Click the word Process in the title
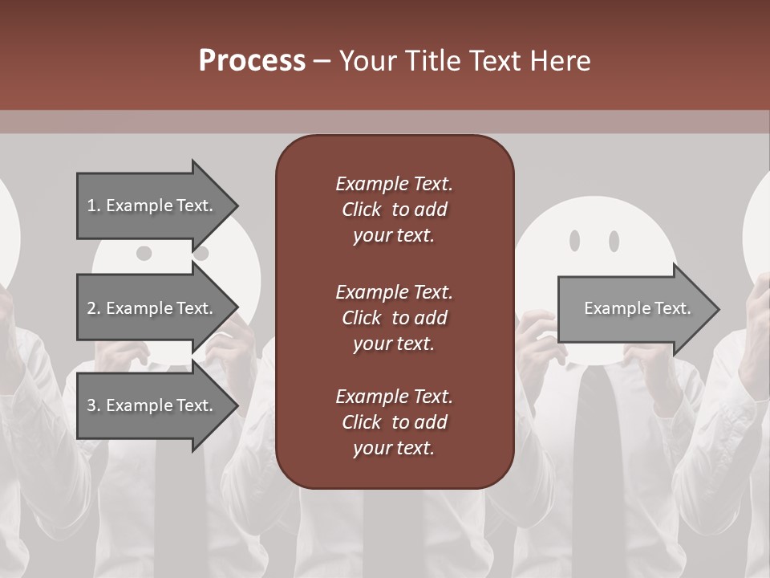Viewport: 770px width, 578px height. coord(252,61)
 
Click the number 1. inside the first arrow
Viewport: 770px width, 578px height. coord(94,206)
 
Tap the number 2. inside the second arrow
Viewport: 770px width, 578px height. coord(94,308)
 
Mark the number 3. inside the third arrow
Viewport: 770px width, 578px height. coord(94,405)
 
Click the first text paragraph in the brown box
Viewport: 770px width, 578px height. coord(394,210)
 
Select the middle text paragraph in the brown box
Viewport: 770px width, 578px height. coord(394,318)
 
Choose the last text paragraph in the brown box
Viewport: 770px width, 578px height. coord(394,422)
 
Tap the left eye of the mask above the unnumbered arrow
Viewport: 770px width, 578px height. coord(574,240)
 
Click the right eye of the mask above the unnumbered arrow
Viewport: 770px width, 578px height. coord(614,240)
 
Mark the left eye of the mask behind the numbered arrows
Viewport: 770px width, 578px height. coord(144,254)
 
